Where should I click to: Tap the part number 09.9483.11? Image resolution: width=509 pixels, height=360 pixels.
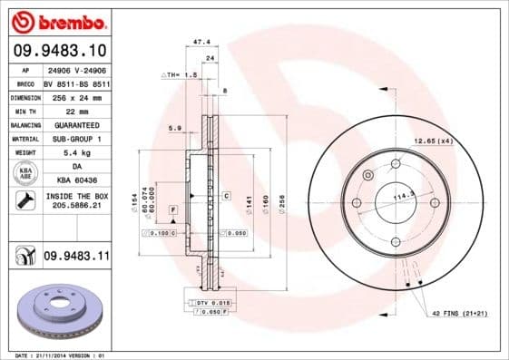[x=75, y=257]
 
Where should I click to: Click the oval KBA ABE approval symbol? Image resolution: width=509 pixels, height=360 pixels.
[x=24, y=174]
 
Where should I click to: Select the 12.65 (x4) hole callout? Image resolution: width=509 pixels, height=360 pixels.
[x=433, y=141]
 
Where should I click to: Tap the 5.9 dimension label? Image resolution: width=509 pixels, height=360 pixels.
[x=174, y=128]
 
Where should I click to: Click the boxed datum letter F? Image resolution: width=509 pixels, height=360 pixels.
[x=171, y=210]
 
